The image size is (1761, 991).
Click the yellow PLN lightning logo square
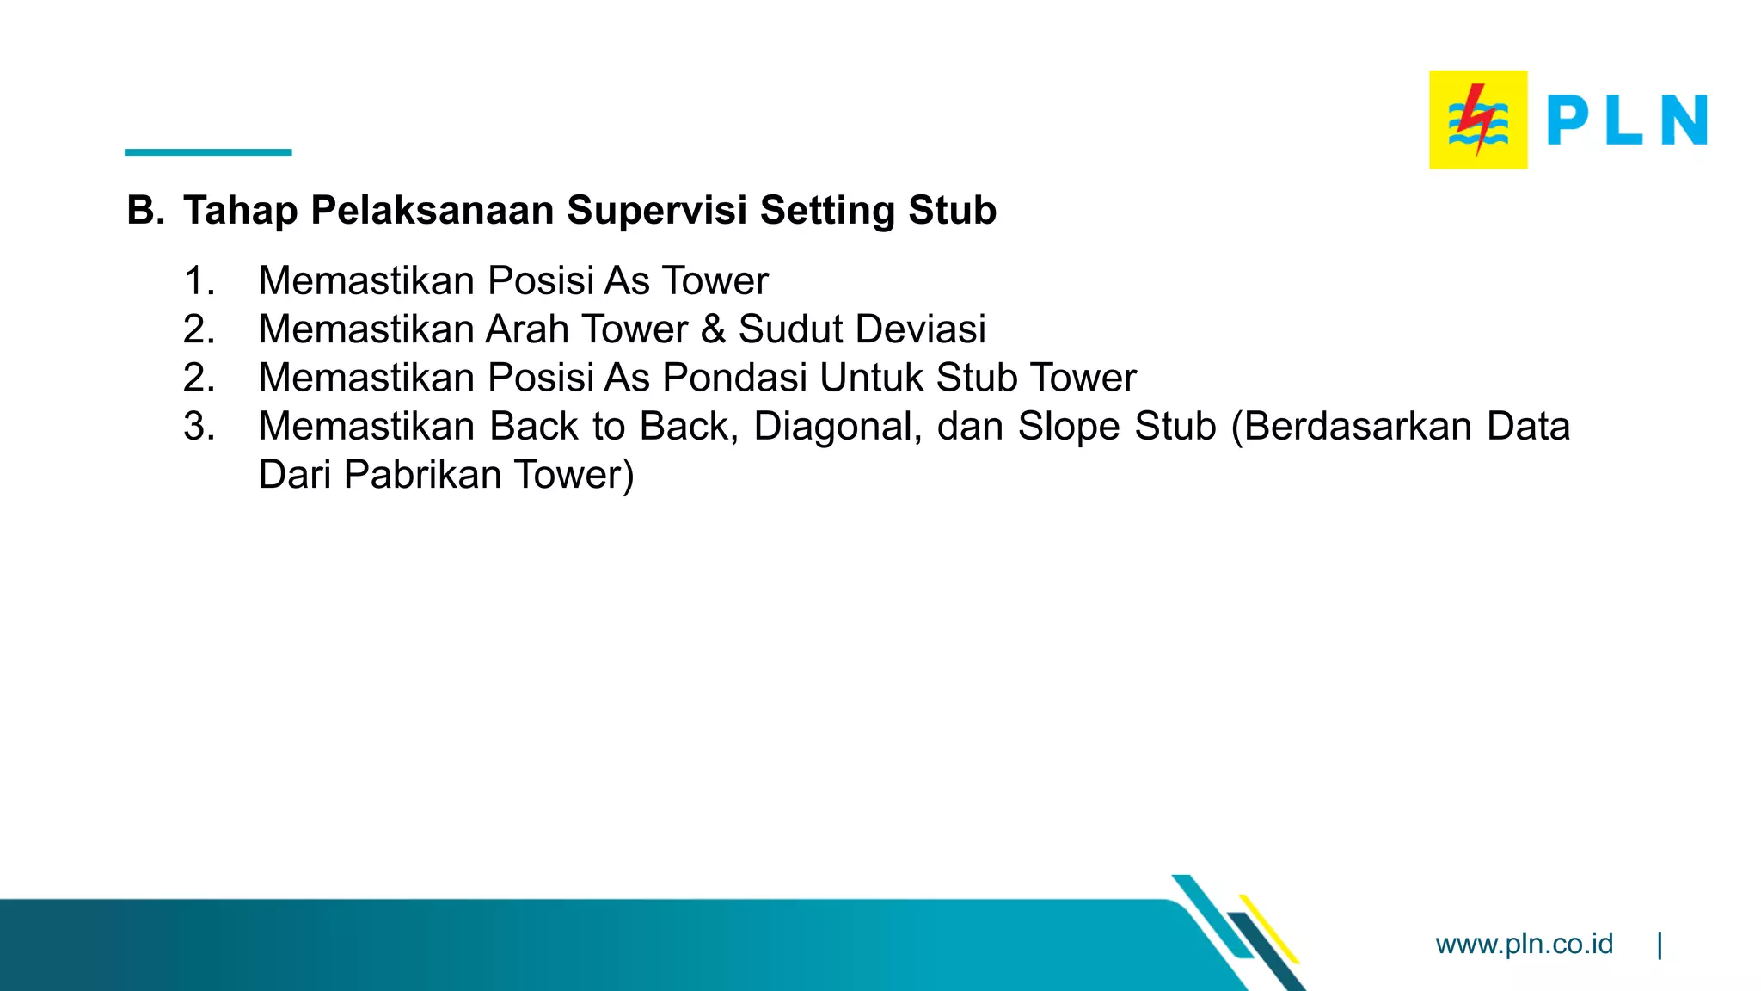(x=1478, y=120)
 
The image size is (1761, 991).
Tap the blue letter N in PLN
(x=1684, y=120)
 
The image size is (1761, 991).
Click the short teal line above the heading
(x=208, y=152)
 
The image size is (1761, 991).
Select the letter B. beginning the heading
(x=145, y=211)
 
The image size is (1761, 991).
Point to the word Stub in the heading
(x=952, y=211)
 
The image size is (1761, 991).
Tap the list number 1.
(x=199, y=281)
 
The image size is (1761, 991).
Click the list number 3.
(x=199, y=427)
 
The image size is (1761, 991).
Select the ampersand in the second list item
(x=713, y=329)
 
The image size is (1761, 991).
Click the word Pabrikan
(x=421, y=475)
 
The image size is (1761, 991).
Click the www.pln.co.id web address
(x=1524, y=944)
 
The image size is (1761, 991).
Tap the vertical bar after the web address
(x=1660, y=945)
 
